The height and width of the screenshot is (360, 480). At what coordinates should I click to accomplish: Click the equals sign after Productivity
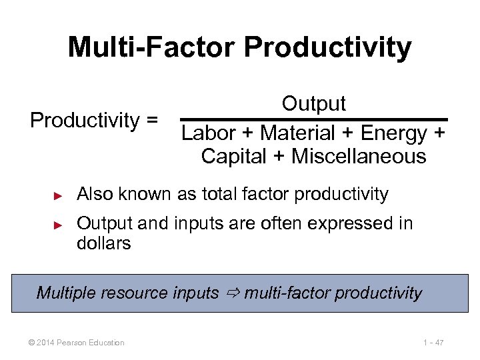(151, 121)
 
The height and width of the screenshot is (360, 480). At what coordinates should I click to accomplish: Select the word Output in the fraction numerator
(313, 104)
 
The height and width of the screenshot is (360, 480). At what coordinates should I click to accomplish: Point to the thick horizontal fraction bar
(313, 119)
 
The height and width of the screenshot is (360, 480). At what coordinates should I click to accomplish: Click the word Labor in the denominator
(209, 133)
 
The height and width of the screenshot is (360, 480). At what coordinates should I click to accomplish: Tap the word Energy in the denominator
(393, 133)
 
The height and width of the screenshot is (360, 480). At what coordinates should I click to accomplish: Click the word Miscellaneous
(359, 157)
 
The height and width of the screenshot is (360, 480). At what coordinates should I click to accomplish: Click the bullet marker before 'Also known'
(58, 195)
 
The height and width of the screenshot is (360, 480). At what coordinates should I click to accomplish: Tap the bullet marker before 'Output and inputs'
(58, 225)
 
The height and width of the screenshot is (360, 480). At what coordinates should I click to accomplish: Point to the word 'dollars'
(104, 243)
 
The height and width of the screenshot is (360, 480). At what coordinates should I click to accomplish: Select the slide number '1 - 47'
(433, 343)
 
